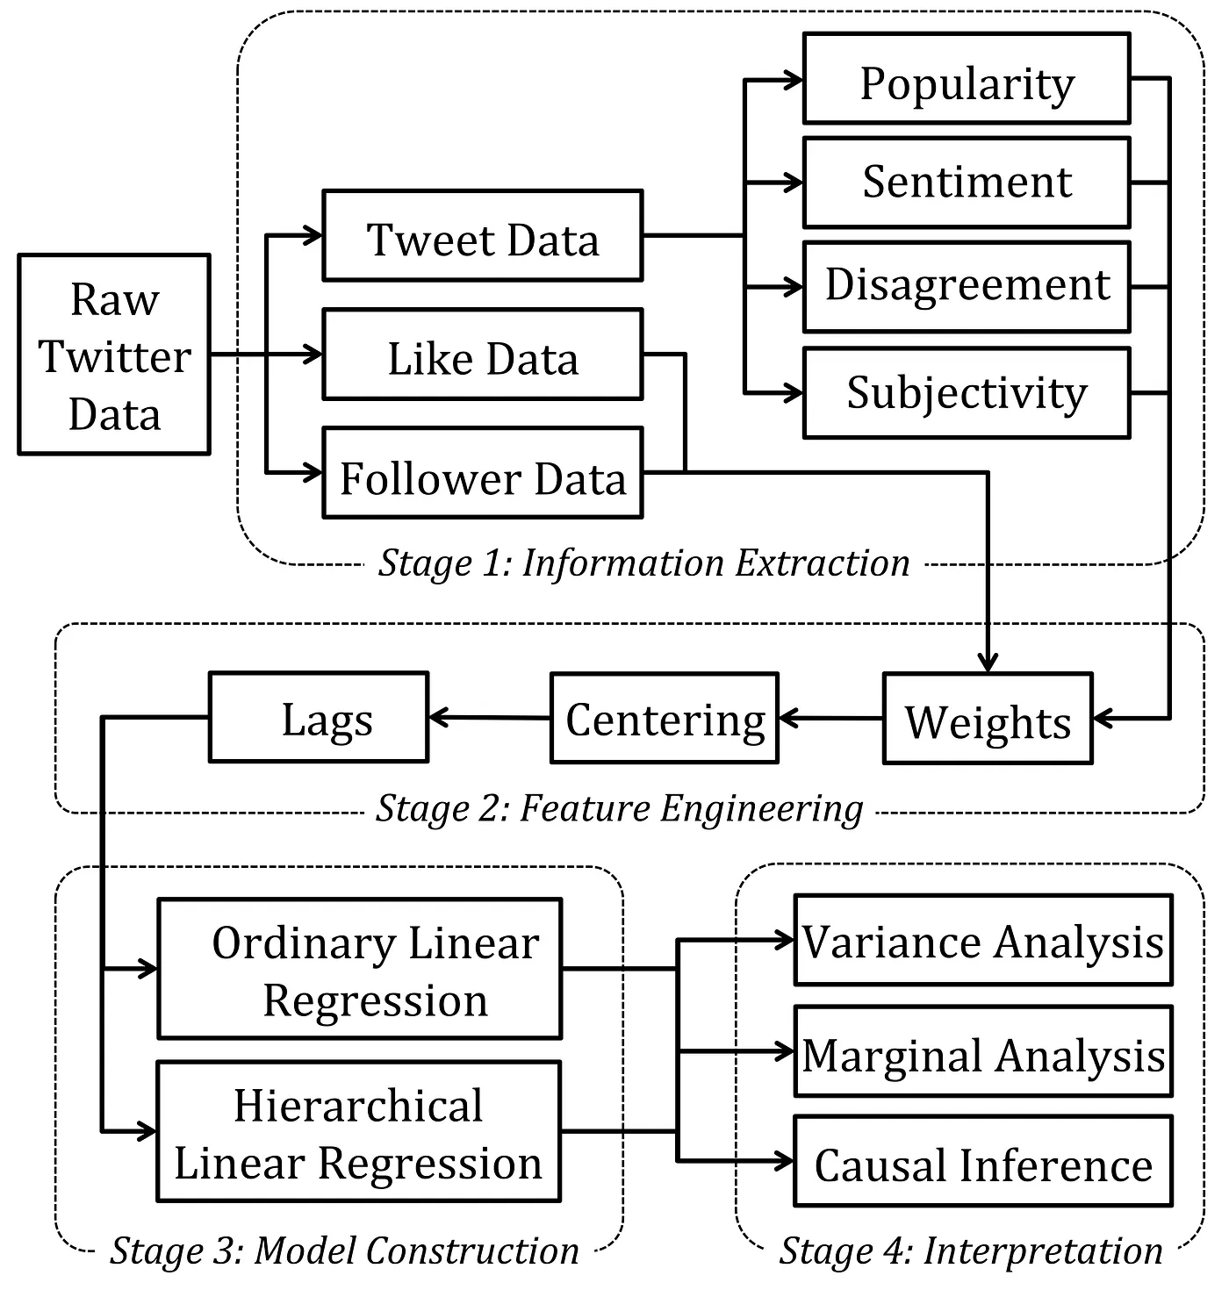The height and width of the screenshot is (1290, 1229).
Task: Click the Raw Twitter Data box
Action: click(114, 355)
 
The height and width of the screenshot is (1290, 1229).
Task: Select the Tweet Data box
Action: click(483, 236)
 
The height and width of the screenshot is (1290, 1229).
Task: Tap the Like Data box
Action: click(483, 355)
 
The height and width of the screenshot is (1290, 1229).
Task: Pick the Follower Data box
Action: click(483, 473)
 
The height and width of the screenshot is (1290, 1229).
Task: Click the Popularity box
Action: click(967, 79)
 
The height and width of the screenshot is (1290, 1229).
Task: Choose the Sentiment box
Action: click(967, 183)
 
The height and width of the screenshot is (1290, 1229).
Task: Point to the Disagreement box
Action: click(967, 287)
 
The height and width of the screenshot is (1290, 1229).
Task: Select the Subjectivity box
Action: click(967, 393)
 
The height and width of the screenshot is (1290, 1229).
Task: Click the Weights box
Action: click(988, 719)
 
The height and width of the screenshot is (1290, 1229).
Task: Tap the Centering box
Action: click(665, 719)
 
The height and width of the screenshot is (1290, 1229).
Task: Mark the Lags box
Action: click(319, 719)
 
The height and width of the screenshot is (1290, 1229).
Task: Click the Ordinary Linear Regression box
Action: click(359, 969)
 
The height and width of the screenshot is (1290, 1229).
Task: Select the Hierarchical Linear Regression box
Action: click(359, 1132)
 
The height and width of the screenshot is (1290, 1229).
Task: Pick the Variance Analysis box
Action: click(983, 941)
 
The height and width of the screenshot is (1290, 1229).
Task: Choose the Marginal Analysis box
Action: click(983, 1051)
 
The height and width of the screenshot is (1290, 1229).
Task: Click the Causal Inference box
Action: click(983, 1161)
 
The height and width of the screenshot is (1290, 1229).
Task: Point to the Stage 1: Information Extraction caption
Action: click(644, 563)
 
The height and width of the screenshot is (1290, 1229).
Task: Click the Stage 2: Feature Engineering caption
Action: click(620, 808)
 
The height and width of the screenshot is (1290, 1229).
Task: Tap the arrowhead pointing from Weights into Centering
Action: click(787, 719)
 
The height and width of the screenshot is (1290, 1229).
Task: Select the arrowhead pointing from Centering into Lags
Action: click(437, 719)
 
